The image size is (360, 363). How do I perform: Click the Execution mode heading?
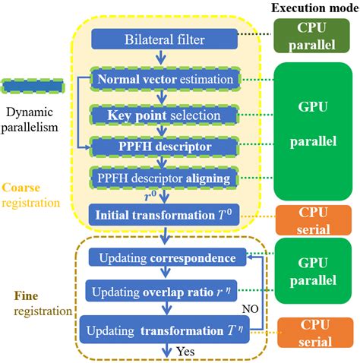tap(312, 8)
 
